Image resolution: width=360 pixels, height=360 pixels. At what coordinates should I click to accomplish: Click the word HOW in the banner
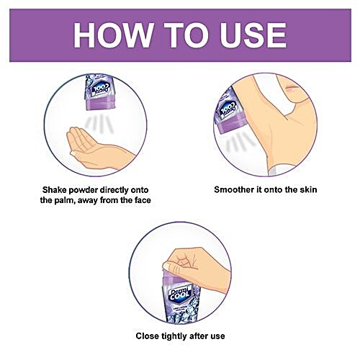pyautogui.click(x=113, y=35)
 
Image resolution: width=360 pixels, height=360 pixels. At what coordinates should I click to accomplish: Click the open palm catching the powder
pyautogui.click(x=99, y=148)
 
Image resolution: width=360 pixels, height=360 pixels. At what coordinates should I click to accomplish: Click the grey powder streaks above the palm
pyautogui.click(x=99, y=124)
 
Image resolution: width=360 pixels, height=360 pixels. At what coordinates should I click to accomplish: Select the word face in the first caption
pyautogui.click(x=142, y=200)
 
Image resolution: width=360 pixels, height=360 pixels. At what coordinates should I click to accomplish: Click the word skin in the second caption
pyautogui.click(x=308, y=189)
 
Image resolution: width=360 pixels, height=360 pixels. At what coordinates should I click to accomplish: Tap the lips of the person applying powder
pyautogui.click(x=291, y=87)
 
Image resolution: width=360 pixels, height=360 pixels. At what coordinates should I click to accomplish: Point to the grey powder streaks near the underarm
pyautogui.click(x=240, y=143)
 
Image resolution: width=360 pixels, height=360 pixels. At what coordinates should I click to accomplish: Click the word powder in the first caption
pyautogui.click(x=83, y=190)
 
